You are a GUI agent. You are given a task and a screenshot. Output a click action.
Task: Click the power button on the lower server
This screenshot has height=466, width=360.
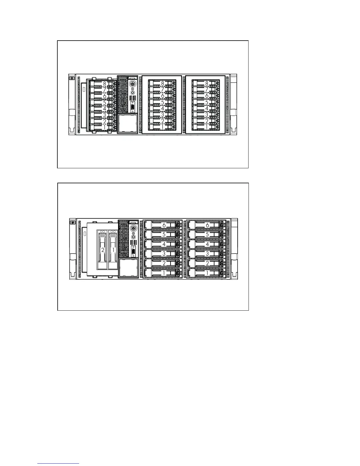(134, 228)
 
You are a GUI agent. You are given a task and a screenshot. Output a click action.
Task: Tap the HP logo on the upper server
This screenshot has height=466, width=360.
(71, 79)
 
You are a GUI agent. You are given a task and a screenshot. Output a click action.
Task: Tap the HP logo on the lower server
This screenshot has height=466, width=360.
(71, 222)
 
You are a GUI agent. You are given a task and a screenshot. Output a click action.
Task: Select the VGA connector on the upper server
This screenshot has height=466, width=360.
(133, 107)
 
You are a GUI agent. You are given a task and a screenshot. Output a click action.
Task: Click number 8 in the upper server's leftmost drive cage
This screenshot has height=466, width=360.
(104, 84)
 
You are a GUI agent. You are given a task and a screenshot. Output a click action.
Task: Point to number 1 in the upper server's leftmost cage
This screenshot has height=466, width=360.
(104, 127)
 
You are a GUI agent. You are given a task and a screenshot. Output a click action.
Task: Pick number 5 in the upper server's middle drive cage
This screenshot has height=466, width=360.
(162, 103)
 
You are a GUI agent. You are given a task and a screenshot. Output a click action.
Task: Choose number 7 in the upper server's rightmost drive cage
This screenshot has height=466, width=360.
(207, 89)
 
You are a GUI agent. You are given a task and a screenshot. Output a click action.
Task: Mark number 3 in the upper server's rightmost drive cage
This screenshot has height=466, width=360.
(207, 115)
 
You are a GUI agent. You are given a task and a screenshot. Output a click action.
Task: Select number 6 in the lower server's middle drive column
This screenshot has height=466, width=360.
(164, 225)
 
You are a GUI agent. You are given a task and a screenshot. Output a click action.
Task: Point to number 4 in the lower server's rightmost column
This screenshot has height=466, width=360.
(207, 244)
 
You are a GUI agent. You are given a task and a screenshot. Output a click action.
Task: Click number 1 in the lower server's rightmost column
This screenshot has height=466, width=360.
(207, 273)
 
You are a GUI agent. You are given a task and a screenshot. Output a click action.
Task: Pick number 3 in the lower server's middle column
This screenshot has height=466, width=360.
(164, 254)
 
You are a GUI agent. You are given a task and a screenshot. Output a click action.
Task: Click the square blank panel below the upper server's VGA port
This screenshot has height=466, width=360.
(128, 124)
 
